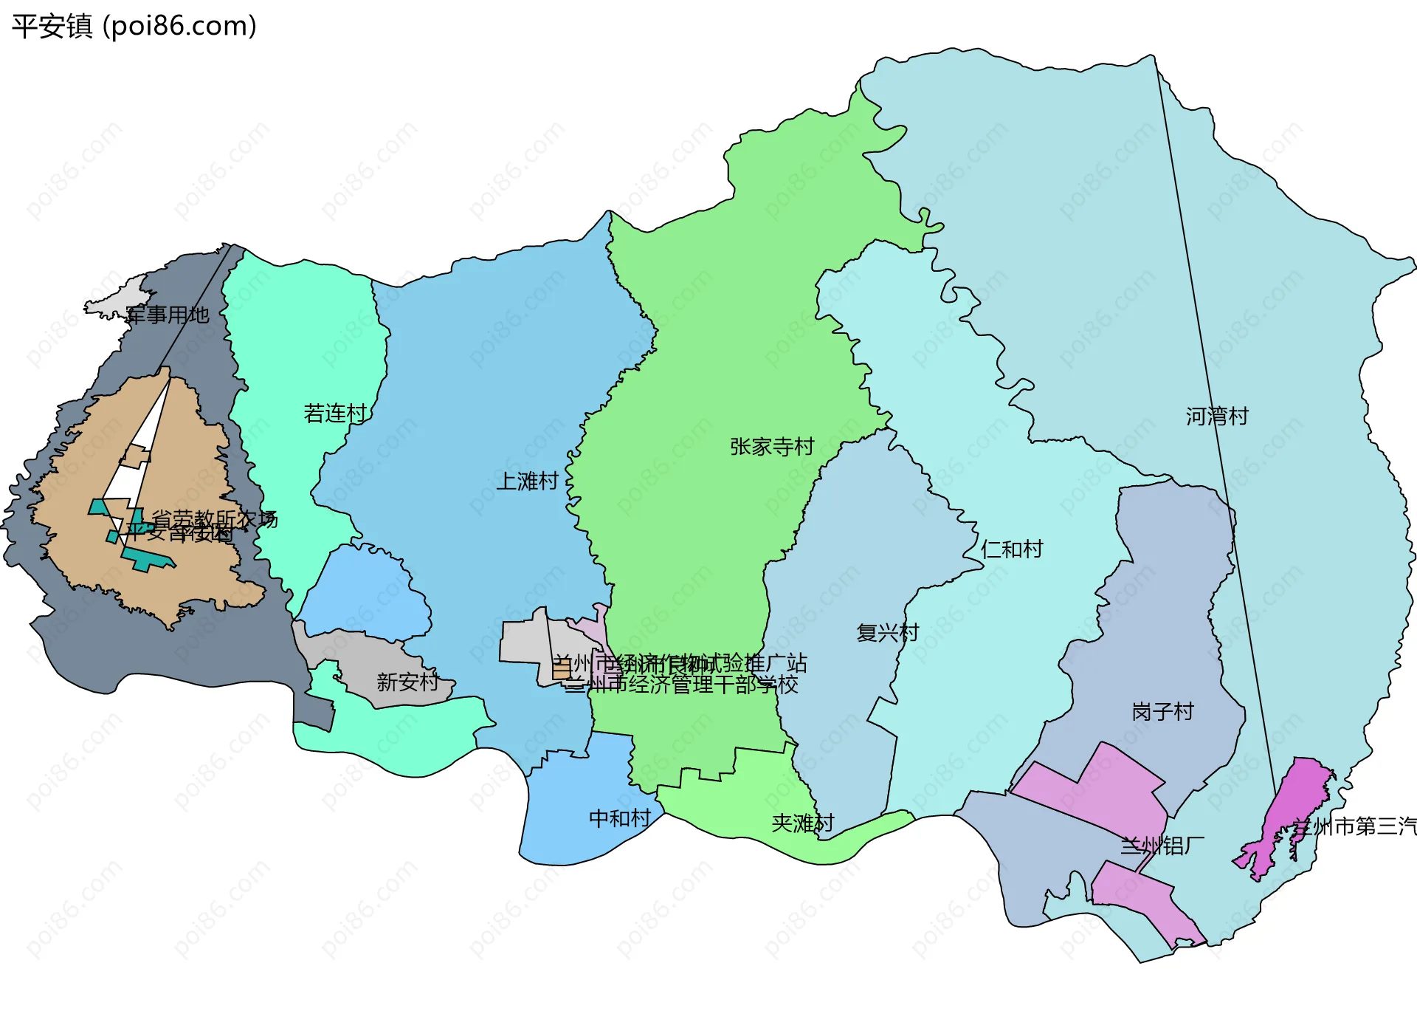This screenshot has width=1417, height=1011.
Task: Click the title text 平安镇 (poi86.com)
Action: pos(134,26)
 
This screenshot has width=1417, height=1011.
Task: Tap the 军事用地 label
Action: pos(168,315)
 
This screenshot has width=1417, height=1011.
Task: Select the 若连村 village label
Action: pos(335,414)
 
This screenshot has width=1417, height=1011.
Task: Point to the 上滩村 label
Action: pos(527,481)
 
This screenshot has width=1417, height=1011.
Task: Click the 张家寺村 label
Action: pos(771,447)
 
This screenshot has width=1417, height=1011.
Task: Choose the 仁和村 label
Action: pos(1012,549)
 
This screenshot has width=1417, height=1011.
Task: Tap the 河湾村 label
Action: pos(1217,417)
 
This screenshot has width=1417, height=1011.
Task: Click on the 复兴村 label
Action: pos(887,633)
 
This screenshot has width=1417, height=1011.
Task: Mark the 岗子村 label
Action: pos(1162,712)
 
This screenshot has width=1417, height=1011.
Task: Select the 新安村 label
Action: pos(407,682)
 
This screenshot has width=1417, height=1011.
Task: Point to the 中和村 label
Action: pos(620,818)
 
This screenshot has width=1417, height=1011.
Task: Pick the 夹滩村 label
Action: pos(802,823)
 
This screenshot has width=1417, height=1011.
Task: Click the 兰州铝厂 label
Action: pos(1162,846)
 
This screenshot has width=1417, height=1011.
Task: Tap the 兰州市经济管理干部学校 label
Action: pos(681,685)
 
